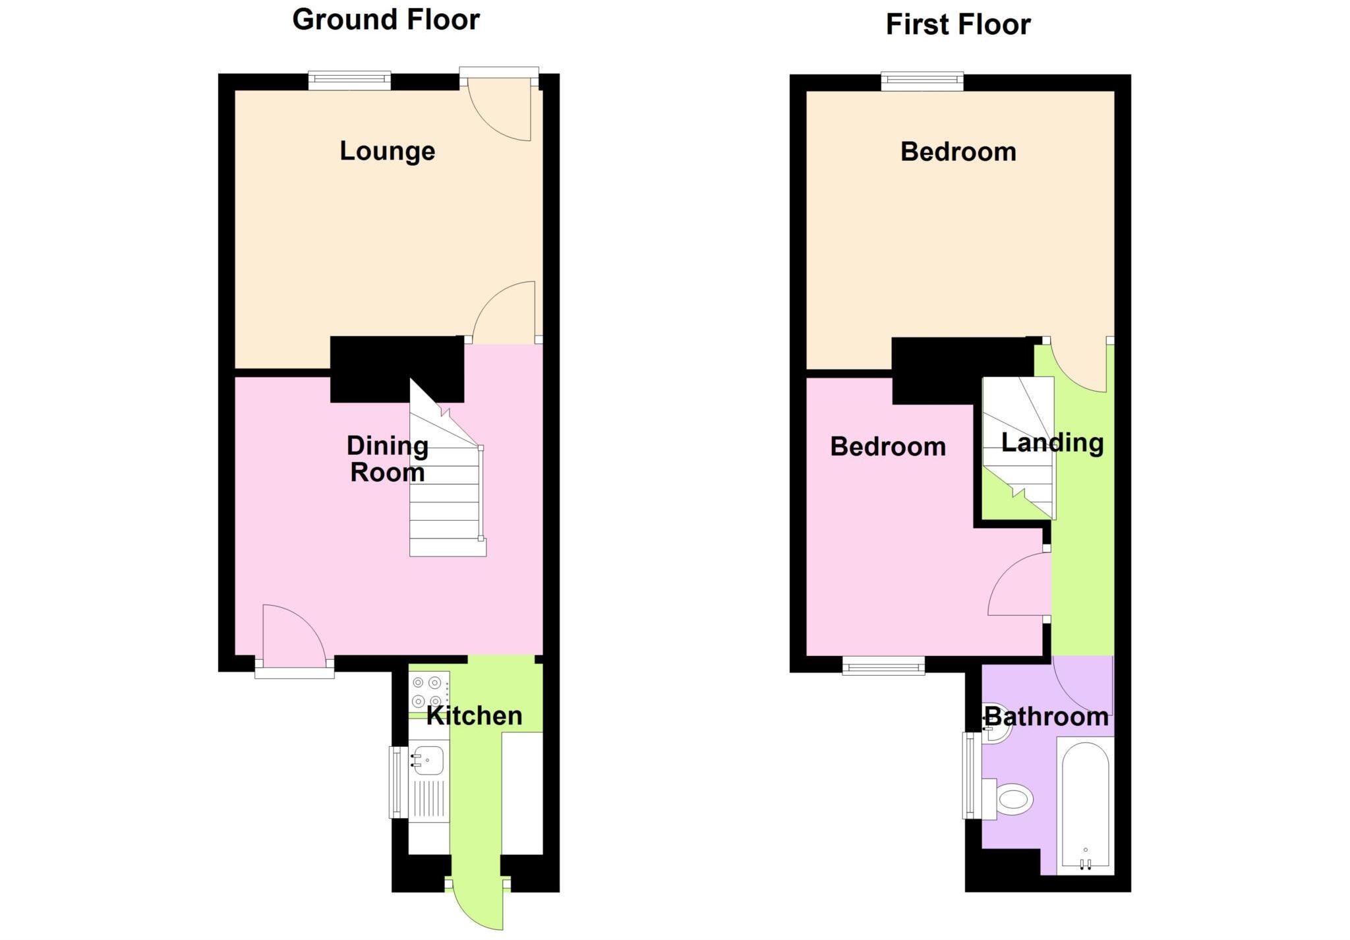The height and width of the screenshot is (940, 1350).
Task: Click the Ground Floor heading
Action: click(x=386, y=20)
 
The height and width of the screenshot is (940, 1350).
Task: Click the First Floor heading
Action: click(x=958, y=25)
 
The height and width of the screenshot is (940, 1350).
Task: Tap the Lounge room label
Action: click(x=387, y=152)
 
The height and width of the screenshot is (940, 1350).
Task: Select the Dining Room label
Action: click(x=387, y=459)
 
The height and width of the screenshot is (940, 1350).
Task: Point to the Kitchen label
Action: click(x=474, y=716)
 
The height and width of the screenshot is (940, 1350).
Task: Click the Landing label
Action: click(x=1052, y=443)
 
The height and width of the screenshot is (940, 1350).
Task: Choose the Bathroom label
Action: click(x=1046, y=717)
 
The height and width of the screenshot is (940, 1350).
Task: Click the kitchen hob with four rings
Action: click(x=427, y=691)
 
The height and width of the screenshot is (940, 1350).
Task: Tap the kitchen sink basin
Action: click(x=427, y=761)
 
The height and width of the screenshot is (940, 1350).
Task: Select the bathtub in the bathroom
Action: click(x=1085, y=806)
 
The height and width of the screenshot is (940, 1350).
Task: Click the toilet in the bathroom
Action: click(x=1009, y=800)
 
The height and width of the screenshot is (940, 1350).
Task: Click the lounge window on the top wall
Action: click(x=349, y=81)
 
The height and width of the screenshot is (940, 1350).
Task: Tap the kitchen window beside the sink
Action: click(x=397, y=782)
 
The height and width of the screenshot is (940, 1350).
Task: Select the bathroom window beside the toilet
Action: click(x=970, y=775)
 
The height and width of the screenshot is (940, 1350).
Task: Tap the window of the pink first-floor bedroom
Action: click(x=883, y=666)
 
